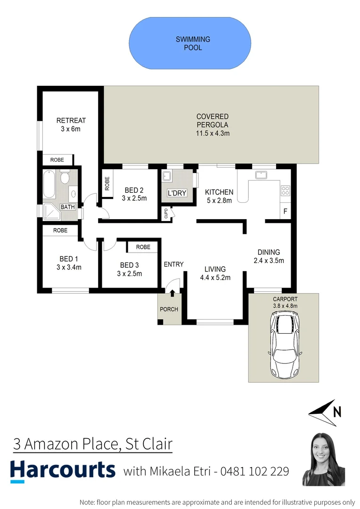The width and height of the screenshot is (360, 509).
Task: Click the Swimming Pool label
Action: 193,43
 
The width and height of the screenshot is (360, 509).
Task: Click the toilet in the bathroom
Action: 65,178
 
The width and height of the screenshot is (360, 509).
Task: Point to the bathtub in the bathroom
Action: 49,185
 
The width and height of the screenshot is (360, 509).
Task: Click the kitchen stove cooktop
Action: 286,191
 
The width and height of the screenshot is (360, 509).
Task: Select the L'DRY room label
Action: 177,194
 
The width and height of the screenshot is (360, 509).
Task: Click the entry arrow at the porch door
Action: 172,293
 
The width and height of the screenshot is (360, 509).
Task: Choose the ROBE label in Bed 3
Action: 143,247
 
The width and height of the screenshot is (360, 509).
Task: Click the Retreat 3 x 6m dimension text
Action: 71,129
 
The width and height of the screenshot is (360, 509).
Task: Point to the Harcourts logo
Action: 63,471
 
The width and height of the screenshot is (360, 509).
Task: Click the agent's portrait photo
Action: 324,459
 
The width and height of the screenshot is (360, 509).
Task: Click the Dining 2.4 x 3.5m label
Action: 269,256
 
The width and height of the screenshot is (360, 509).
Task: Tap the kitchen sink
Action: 260,175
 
